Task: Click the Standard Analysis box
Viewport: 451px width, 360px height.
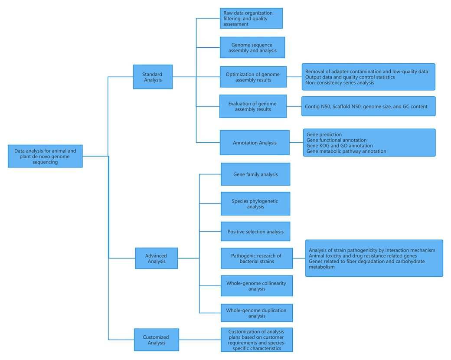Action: [153, 77]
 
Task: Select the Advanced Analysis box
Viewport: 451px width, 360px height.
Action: [156, 258]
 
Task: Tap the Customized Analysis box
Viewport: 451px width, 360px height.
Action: [156, 340]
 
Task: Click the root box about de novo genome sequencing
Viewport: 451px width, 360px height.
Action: [45, 156]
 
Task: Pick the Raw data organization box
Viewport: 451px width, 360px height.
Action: [251, 18]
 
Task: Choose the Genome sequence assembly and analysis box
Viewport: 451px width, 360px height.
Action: [252, 47]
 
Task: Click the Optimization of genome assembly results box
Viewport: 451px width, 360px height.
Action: [253, 77]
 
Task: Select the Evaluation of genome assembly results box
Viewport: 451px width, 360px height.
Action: [253, 106]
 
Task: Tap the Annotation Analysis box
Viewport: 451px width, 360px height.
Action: [255, 142]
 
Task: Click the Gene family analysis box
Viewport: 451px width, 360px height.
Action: [255, 174]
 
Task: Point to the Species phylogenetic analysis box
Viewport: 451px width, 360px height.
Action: [255, 203]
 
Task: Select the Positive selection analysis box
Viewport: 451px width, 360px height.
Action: [255, 232]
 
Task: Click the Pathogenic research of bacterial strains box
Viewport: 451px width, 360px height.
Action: [256, 259]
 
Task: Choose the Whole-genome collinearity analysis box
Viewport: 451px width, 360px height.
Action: [256, 286]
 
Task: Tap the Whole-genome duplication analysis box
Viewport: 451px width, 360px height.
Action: [256, 313]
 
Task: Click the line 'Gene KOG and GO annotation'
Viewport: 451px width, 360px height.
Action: [340, 146]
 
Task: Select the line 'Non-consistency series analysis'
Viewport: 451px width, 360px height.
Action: [340, 82]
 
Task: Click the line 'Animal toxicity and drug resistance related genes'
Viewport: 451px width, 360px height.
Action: [363, 256]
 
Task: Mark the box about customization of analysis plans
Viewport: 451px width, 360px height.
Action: [256, 340]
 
